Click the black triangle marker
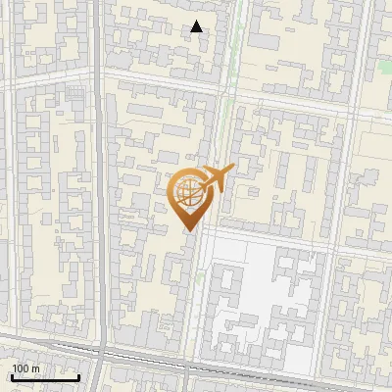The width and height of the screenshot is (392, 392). [197, 26]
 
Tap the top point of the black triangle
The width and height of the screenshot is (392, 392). [197, 21]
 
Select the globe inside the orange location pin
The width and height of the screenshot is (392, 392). [187, 193]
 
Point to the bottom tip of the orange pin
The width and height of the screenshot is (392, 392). [187, 229]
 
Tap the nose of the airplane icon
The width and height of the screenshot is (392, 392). [232, 168]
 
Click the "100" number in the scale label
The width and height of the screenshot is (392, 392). [21, 368]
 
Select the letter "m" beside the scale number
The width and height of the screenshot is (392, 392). [35, 368]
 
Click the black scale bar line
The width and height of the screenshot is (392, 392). [44, 377]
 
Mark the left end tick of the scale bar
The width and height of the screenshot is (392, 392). [12, 375]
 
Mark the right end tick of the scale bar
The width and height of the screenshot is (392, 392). [78, 375]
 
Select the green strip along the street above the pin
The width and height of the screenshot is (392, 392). [227, 108]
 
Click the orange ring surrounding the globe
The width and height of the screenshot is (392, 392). [172, 193]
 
